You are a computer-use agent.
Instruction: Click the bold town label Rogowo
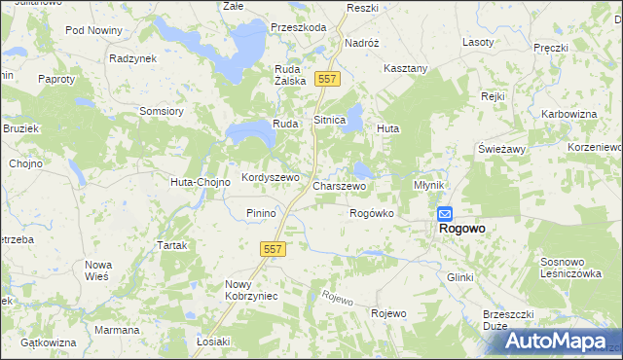tap(462, 229)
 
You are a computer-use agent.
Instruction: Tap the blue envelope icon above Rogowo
tap(444, 213)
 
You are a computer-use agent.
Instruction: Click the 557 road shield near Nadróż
tap(327, 78)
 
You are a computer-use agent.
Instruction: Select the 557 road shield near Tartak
tap(273, 250)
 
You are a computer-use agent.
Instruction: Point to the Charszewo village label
tap(339, 185)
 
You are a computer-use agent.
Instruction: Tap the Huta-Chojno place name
tap(200, 182)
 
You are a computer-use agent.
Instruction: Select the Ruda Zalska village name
tap(291, 76)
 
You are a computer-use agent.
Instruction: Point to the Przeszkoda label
tap(299, 28)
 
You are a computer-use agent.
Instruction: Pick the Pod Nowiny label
tap(93, 30)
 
